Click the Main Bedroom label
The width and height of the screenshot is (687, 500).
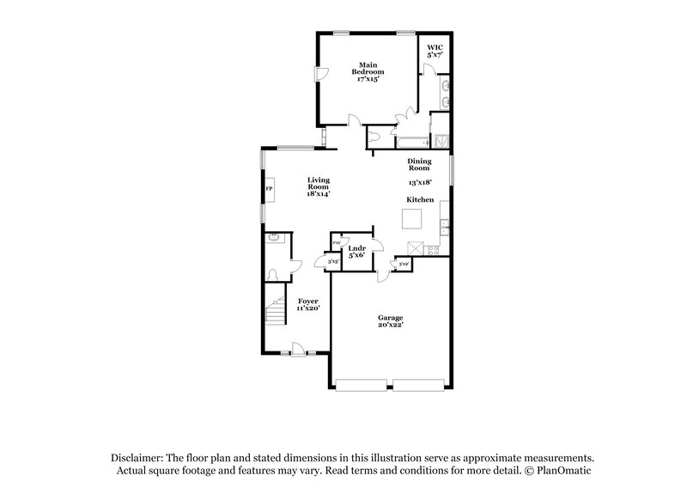tap(369, 71)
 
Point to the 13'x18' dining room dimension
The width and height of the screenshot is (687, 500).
tap(419, 182)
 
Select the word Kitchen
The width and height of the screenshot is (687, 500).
tap(420, 199)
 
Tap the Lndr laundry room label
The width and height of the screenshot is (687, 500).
tap(356, 252)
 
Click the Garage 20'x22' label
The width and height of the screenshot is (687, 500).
tap(391, 321)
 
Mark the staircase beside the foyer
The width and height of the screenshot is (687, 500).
tap(275, 309)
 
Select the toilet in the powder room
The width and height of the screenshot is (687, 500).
tap(274, 274)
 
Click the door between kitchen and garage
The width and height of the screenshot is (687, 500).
tap(381, 274)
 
